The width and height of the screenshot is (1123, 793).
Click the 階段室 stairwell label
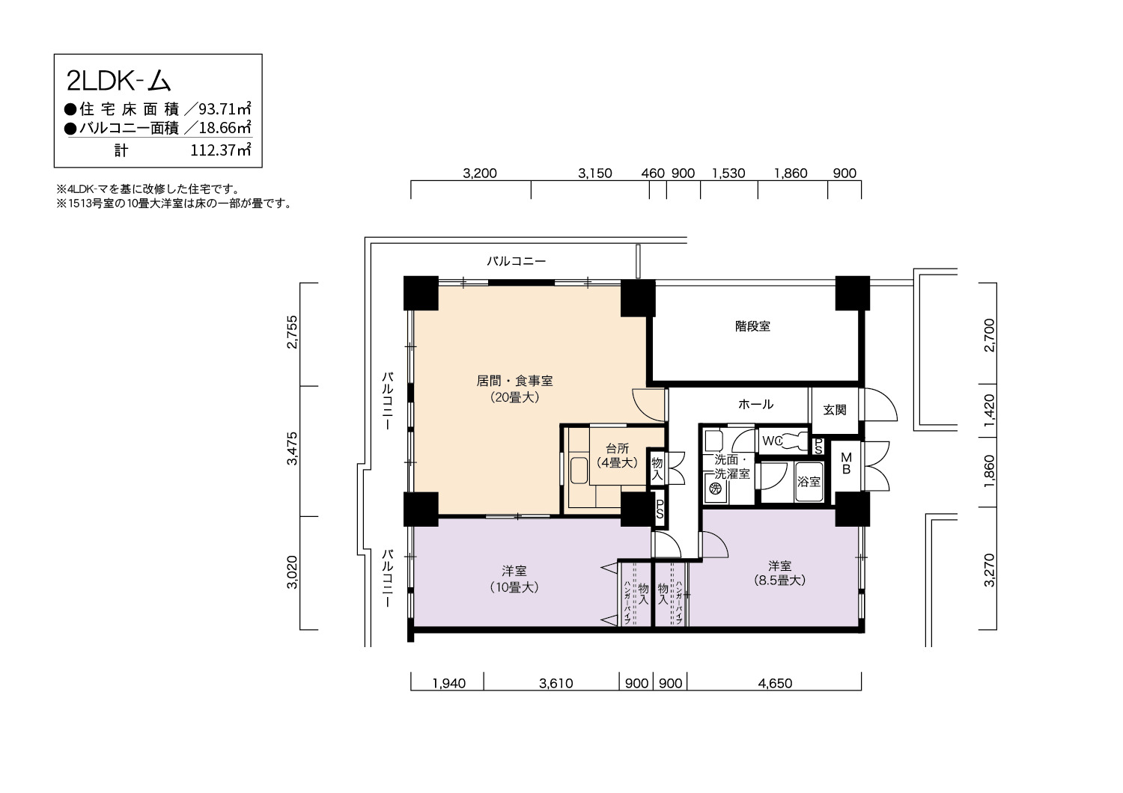click(x=752, y=326)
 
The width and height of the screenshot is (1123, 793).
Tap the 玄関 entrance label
click(x=835, y=410)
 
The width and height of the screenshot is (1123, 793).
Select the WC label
click(x=772, y=441)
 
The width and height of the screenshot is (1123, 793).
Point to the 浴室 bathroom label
click(x=809, y=481)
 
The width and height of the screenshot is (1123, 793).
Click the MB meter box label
click(x=846, y=463)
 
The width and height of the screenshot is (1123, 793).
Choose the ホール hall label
click(x=755, y=404)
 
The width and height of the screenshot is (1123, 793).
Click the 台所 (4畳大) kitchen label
click(x=617, y=456)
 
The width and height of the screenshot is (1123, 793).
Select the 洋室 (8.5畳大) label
click(x=779, y=573)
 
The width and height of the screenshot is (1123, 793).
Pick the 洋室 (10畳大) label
click(x=514, y=578)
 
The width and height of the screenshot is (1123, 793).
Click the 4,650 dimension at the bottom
click(x=775, y=683)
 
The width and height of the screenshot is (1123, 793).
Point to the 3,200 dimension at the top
click(x=480, y=174)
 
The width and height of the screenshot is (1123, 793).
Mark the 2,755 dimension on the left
click(x=292, y=332)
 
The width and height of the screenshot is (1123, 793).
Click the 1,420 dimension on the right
click(x=989, y=410)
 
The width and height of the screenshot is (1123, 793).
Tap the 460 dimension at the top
click(x=653, y=174)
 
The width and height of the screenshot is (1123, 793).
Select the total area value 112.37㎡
click(x=221, y=150)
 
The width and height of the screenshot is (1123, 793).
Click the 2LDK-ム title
click(x=119, y=81)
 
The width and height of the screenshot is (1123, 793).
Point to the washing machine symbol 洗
click(x=715, y=488)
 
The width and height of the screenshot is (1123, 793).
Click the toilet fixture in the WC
click(x=794, y=441)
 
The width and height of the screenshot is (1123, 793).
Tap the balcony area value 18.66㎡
click(x=225, y=128)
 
